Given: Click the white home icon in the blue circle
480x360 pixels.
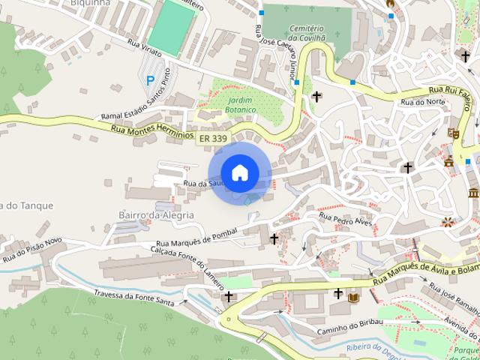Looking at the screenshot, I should [239, 172].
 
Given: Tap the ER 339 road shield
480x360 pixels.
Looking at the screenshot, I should [213, 139].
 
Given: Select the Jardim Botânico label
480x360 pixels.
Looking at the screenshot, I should [240, 105].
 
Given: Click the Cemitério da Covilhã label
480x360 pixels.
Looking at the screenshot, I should [307, 31].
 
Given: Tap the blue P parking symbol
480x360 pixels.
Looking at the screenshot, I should [150, 80].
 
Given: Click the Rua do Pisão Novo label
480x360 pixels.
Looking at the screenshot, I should [31, 250].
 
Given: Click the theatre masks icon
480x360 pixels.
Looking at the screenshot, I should [453, 133].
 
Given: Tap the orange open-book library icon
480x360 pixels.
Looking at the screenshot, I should [354, 298].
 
